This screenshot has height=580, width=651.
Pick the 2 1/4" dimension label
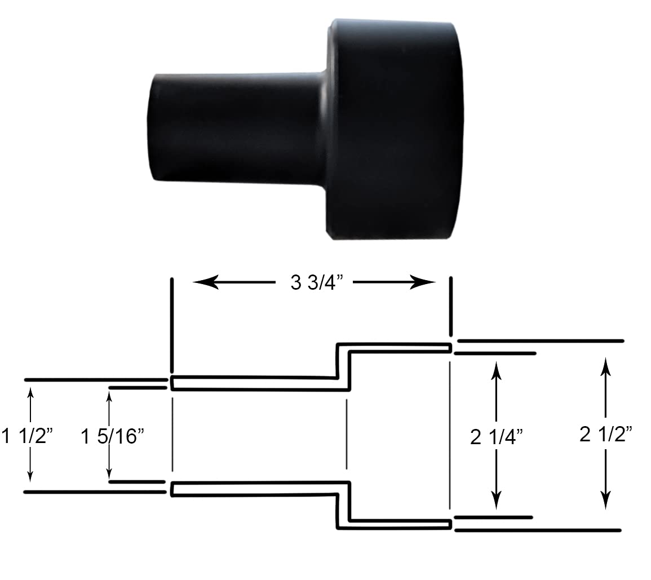click(497, 436)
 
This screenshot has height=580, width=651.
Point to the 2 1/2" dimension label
click(606, 434)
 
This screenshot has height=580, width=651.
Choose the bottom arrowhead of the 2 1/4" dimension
click(497, 498)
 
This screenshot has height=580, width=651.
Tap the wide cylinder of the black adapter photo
click(395, 130)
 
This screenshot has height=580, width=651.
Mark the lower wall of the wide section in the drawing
click(395, 524)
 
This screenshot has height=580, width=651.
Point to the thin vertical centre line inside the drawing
click(346, 434)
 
